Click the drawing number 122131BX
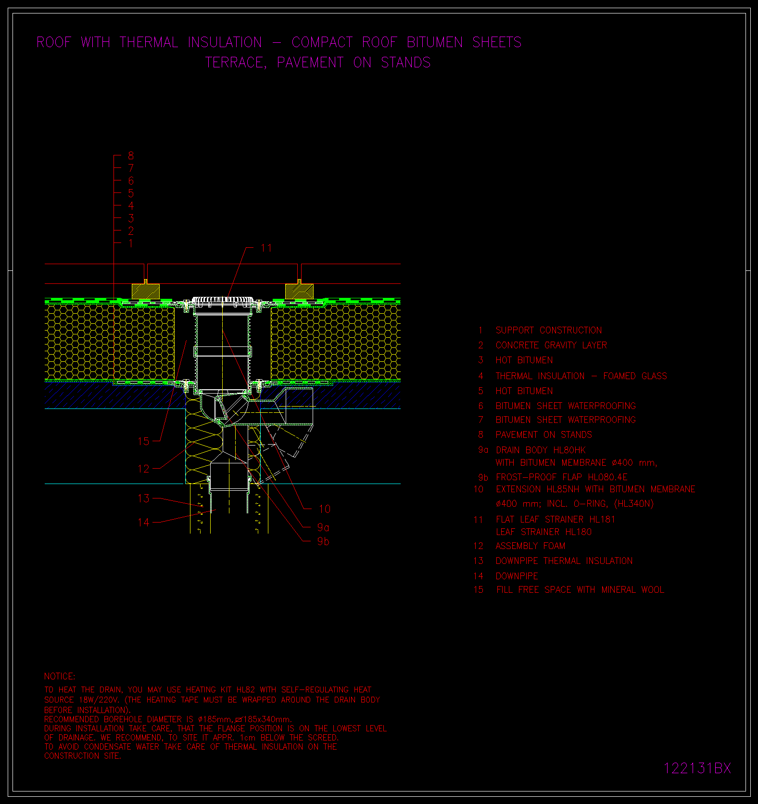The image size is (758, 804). pos(697,768)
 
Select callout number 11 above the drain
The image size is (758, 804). pos(266,248)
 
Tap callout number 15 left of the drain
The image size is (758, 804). pos(144,441)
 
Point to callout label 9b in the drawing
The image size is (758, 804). pos(323,541)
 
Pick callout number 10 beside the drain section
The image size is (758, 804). pos(325,509)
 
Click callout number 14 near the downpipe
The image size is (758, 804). pos(144,522)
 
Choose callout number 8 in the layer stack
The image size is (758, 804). pos(131,155)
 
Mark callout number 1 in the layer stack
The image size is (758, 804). pos(131,243)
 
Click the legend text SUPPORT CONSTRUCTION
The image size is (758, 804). pos(549,330)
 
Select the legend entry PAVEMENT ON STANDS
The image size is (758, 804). pos(544,434)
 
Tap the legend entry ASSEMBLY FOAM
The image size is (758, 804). pos(531,546)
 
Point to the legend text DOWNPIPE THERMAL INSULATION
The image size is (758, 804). pos(564,561)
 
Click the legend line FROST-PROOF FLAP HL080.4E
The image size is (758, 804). pos(562,477)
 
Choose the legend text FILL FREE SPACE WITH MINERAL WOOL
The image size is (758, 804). pos(580,589)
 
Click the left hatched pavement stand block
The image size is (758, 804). pos(146,291)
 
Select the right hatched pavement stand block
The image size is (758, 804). pos(299,291)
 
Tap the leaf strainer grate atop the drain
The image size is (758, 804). pos(223,300)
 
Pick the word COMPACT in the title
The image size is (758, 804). pos(322,42)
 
